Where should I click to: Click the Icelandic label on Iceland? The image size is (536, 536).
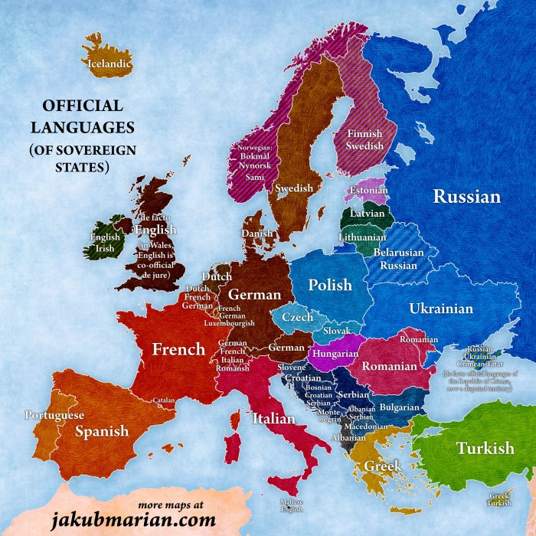point(109,64)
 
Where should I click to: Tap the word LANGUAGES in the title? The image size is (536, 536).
point(82,126)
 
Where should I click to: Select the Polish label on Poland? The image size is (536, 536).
point(330,285)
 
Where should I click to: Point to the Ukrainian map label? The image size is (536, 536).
point(441,309)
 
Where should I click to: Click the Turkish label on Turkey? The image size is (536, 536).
point(485,448)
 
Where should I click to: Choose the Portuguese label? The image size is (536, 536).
point(54,415)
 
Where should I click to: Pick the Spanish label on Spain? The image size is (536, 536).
point(102,431)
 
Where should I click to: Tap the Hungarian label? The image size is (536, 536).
point(335,355)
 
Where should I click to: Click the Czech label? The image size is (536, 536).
point(298,317)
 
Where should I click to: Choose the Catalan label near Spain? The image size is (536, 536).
point(164,400)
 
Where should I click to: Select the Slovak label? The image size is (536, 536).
point(336,331)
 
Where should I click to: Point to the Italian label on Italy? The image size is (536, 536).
point(273,419)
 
